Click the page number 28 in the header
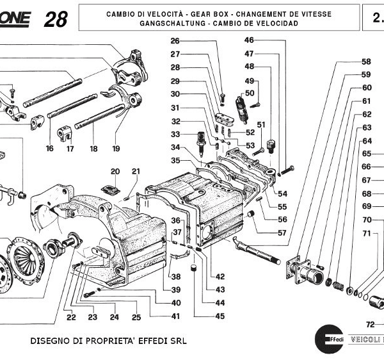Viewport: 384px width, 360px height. (56, 19)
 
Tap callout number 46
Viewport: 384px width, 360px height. (249, 40)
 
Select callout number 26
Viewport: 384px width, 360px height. (175, 42)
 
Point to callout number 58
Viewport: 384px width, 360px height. (366, 62)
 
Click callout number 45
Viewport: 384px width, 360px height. (220, 315)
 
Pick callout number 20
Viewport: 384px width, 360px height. (115, 171)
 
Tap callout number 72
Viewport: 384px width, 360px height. (370, 324)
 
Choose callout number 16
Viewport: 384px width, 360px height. (49, 149)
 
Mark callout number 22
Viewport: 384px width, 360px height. (70, 317)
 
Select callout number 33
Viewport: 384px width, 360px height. (175, 134)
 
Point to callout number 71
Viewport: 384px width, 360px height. (366, 233)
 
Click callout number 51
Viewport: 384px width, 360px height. (260, 124)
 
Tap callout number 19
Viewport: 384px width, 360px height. (116, 149)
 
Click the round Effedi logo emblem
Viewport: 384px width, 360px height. (326, 337)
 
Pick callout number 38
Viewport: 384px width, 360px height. (175, 276)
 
